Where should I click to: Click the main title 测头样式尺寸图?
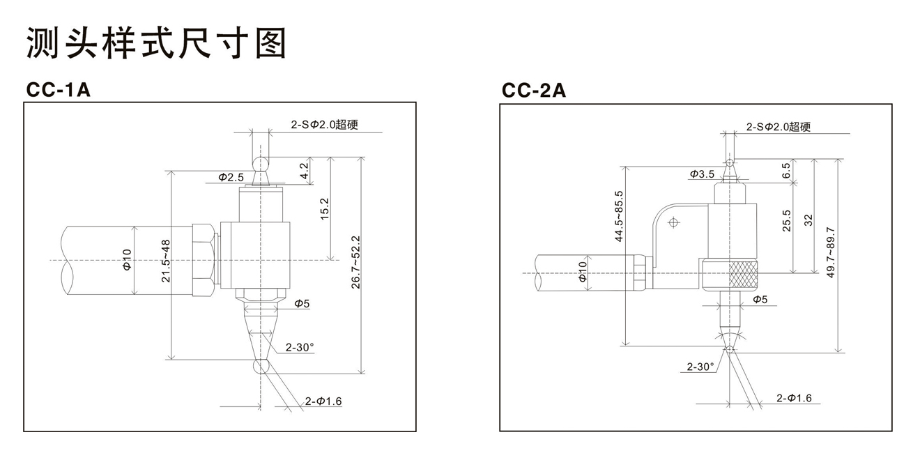click(x=156, y=43)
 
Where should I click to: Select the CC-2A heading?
click(x=534, y=91)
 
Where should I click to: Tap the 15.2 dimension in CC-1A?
click(x=324, y=209)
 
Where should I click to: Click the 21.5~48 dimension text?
click(x=166, y=261)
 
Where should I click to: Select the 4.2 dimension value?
click(x=304, y=171)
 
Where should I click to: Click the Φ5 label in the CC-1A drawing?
click(x=301, y=303)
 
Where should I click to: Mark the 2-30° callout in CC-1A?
click(x=300, y=347)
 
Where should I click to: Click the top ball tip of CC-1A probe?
click(x=261, y=163)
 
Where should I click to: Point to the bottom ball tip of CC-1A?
click(x=261, y=367)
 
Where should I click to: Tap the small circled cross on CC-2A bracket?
click(x=673, y=223)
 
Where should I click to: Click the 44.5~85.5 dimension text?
click(x=618, y=216)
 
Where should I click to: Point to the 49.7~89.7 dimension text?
click(x=829, y=252)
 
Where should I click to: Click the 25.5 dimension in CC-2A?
click(x=786, y=220)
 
